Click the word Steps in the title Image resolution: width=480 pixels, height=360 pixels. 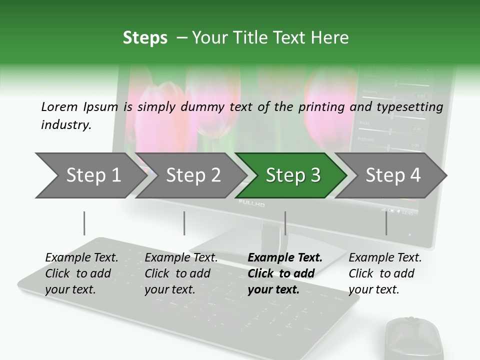[x=145, y=38]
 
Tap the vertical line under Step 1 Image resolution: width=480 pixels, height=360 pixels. [x=84, y=223]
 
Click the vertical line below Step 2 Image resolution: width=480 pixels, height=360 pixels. [x=184, y=223]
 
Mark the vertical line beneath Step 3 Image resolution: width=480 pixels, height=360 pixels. [x=285, y=223]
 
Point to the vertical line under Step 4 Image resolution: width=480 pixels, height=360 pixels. [x=386, y=223]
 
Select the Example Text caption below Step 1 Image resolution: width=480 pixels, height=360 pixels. [x=81, y=273]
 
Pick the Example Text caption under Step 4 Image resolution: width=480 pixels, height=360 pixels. [x=384, y=273]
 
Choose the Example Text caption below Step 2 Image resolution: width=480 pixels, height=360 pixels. [x=181, y=273]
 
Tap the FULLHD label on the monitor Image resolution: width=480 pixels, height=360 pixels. [x=251, y=203]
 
